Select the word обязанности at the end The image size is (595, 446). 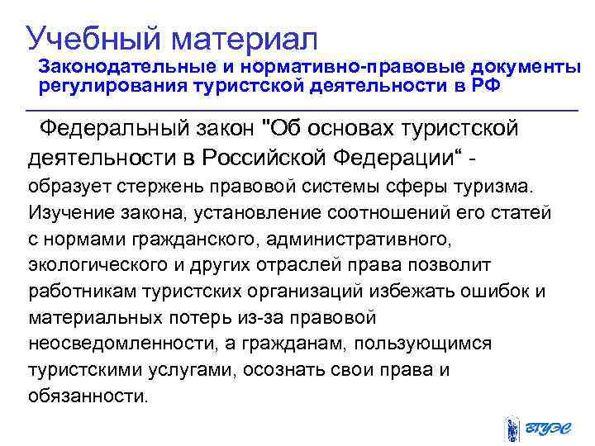pyautogui.click(x=88, y=396)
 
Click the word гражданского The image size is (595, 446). pyautogui.click(x=190, y=239)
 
